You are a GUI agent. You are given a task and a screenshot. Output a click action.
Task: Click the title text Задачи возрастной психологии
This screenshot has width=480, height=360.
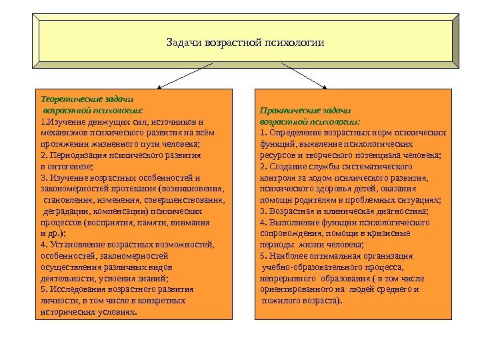[245, 43]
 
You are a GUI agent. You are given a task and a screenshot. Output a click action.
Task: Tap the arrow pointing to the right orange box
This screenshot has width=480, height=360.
[304, 75]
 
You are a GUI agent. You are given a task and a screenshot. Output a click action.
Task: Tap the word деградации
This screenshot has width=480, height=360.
[66, 211]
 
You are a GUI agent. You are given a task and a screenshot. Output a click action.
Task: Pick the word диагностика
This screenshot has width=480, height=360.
[403, 211]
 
